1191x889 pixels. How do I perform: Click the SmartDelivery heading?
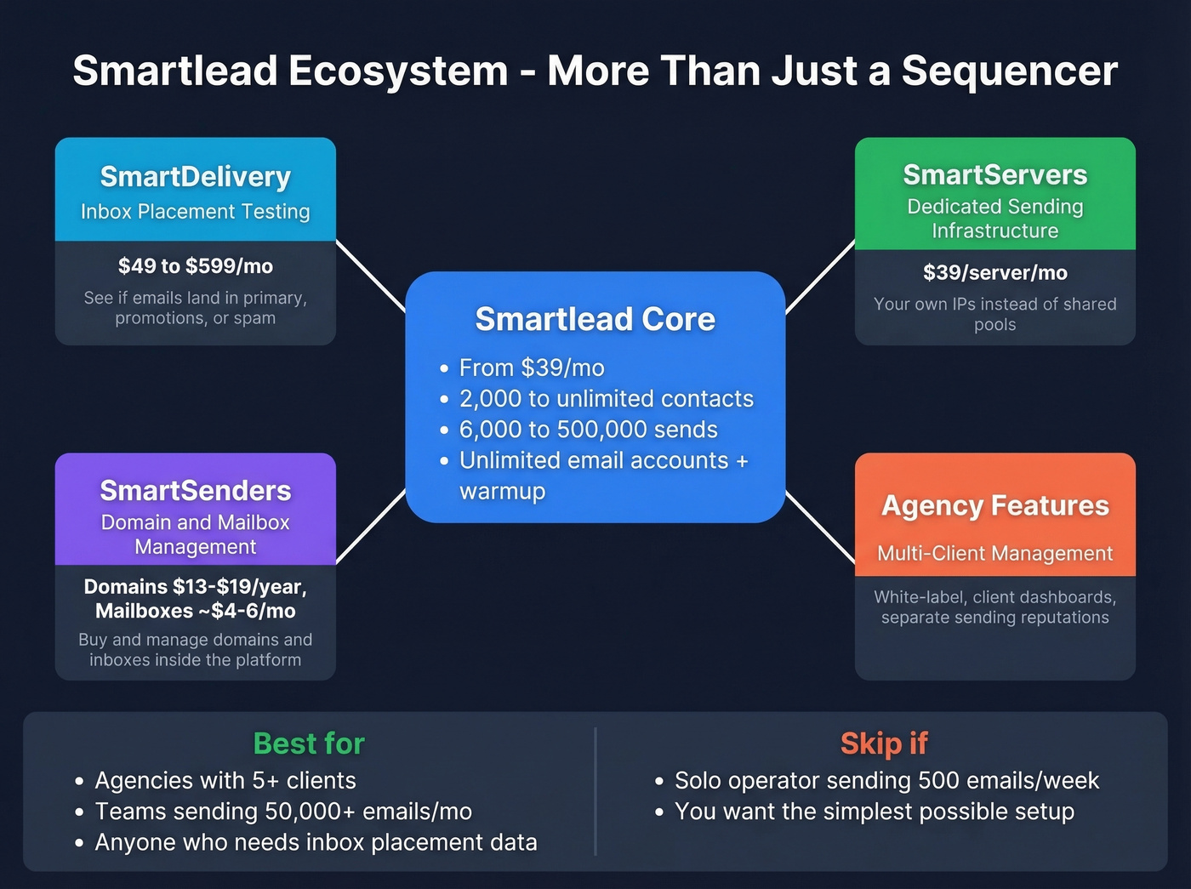pyautogui.click(x=195, y=177)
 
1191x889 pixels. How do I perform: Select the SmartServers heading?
pyautogui.click(x=994, y=175)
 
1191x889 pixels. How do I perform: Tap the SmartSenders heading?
pyautogui.click(x=195, y=491)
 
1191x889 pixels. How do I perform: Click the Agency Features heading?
pyautogui.click(x=994, y=505)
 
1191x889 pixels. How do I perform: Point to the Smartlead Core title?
pyautogui.click(x=595, y=319)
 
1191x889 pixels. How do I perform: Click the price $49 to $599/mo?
pyautogui.click(x=195, y=266)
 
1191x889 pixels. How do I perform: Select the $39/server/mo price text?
pyautogui.click(x=994, y=273)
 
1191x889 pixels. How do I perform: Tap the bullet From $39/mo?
pyautogui.click(x=532, y=368)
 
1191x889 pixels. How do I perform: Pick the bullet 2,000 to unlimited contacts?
pyautogui.click(x=606, y=399)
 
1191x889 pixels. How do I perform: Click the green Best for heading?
pyautogui.click(x=309, y=744)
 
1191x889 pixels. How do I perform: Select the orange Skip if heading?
pyautogui.click(x=883, y=744)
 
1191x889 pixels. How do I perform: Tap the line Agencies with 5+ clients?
pyautogui.click(x=225, y=781)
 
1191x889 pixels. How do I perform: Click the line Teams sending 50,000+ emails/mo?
pyautogui.click(x=283, y=812)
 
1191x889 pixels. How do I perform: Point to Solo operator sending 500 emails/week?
pyautogui.click(x=886, y=781)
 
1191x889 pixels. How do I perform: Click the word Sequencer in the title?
pyautogui.click(x=1009, y=71)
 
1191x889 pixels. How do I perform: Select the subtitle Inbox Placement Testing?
pyautogui.click(x=195, y=212)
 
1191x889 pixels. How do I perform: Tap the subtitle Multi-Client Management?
pyautogui.click(x=994, y=554)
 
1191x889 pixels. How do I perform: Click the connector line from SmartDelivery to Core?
pyautogui.click(x=371, y=276)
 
